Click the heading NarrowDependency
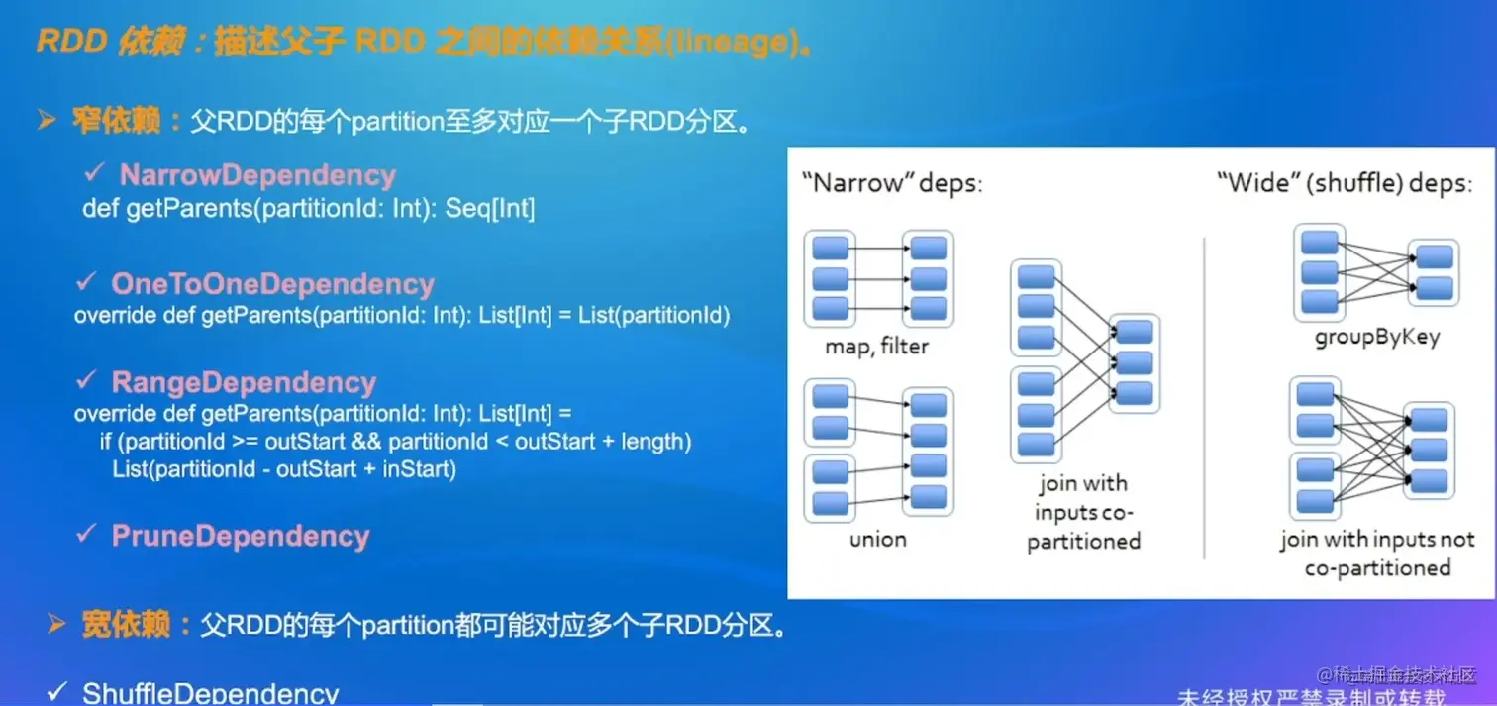(257, 175)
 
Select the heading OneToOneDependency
(272, 284)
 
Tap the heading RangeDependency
(244, 382)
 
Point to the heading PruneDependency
(240, 536)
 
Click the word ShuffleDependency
(210, 693)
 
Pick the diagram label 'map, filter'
(877, 347)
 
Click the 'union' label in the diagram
(877, 540)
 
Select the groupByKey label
(1376, 337)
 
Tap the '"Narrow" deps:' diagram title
(891, 184)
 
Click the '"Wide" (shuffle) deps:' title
(1344, 184)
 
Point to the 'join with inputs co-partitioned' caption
(1083, 512)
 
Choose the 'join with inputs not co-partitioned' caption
(1376, 554)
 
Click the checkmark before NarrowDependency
(95, 173)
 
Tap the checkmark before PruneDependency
(86, 534)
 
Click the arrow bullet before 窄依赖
(47, 121)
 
